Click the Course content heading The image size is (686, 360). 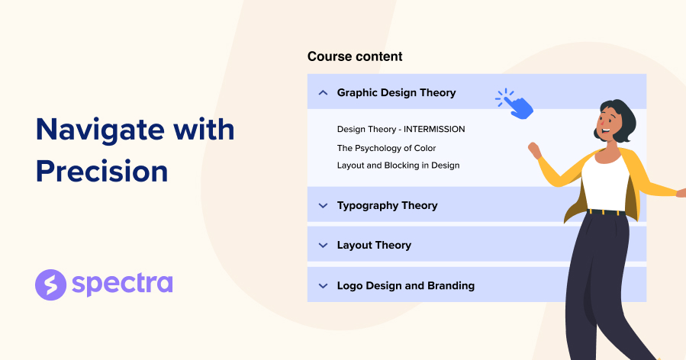[x=355, y=56]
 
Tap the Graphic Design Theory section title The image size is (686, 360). [x=396, y=92]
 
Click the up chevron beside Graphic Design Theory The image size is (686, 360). [x=322, y=92]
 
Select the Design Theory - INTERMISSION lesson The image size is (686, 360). [x=401, y=129]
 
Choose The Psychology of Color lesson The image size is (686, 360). [x=386, y=148]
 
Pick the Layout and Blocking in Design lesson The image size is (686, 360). [x=398, y=165]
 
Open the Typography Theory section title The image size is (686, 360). [x=387, y=205]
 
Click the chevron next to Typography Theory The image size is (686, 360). [x=322, y=205]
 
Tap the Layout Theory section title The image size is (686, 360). [x=374, y=245]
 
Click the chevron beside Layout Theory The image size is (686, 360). [x=322, y=245]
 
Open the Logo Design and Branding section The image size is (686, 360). [x=405, y=285]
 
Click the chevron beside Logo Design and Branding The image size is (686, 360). [x=322, y=286]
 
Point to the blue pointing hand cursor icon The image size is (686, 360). [x=517, y=104]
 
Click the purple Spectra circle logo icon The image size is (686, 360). [x=50, y=284]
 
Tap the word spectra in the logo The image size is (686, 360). [x=122, y=284]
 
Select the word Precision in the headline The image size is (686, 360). [x=101, y=171]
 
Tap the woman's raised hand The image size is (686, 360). [x=533, y=150]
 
